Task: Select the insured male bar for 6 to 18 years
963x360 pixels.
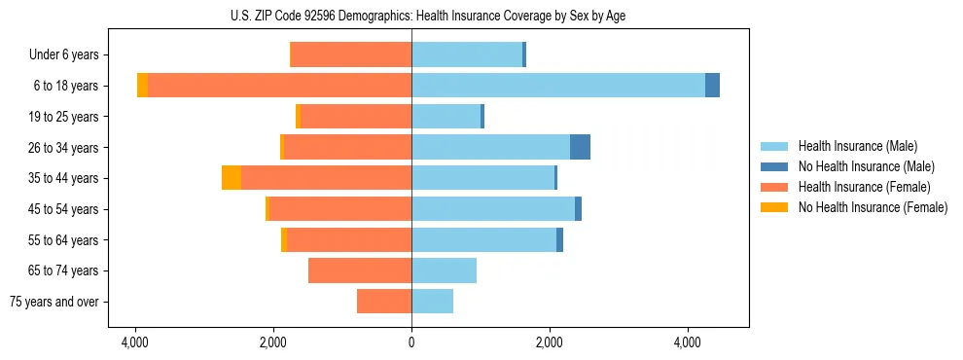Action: click(558, 86)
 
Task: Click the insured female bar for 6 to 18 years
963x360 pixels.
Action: click(279, 86)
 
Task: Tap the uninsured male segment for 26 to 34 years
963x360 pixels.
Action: click(580, 147)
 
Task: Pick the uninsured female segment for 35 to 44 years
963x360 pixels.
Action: click(232, 178)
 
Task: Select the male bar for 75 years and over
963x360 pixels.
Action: click(432, 302)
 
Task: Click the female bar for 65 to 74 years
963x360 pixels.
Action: click(360, 270)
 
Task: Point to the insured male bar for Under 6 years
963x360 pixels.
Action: click(467, 54)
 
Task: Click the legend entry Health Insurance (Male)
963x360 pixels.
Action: click(856, 146)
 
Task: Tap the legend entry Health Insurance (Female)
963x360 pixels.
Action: click(862, 187)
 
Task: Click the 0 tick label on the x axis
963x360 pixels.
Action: click(411, 342)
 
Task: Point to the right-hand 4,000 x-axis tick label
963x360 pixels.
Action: click(688, 342)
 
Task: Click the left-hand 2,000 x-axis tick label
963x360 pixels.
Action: click(273, 342)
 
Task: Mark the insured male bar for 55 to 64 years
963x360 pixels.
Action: click(483, 239)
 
